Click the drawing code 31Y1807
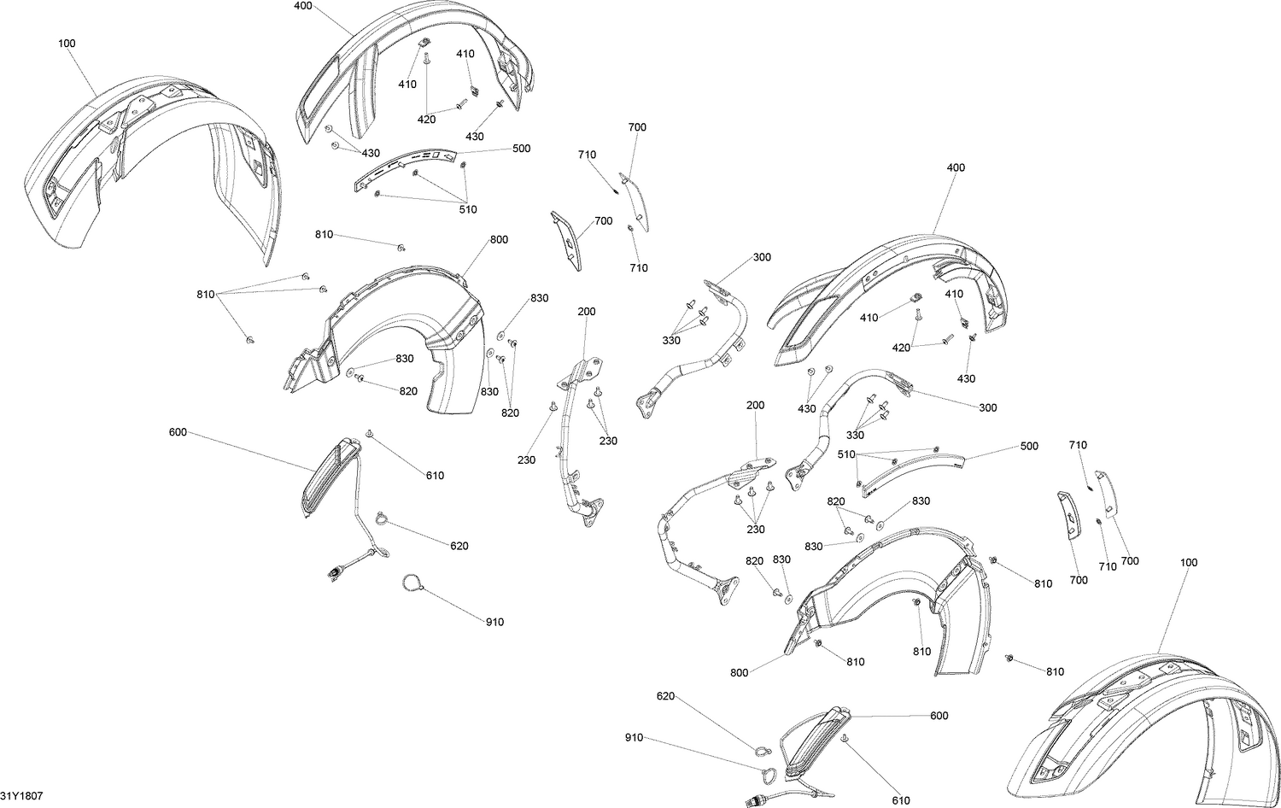tap(21, 796)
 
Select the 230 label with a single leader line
tap(526, 460)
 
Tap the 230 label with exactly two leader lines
tap(608, 441)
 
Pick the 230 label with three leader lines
tap(756, 530)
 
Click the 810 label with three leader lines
tap(205, 295)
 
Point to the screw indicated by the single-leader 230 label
tap(553, 406)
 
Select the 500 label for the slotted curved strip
tap(521, 149)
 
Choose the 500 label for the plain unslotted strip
tap(1029, 446)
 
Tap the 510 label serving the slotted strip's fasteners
tap(468, 210)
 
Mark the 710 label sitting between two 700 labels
tap(1108, 566)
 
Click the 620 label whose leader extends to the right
tap(665, 696)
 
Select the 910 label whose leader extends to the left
tap(494, 622)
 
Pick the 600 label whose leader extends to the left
tap(939, 716)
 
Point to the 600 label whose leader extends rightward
tap(178, 432)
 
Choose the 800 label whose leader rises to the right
tap(740, 673)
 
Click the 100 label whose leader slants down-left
tap(1189, 563)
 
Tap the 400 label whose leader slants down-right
tap(303, 6)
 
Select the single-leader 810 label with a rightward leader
tap(324, 235)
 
